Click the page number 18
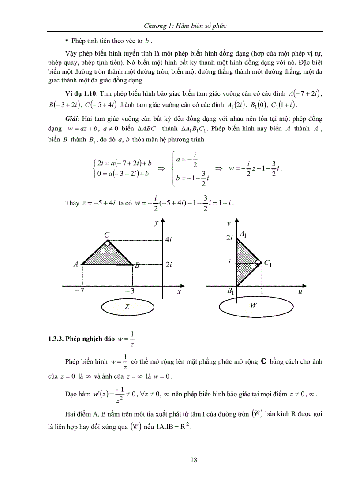194,460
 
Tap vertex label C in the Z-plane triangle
107,235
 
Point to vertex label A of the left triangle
76,264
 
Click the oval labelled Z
127,308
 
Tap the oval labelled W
253,306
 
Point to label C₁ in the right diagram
268,263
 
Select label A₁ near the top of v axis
242,235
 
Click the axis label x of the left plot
179,292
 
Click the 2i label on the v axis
229,238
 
